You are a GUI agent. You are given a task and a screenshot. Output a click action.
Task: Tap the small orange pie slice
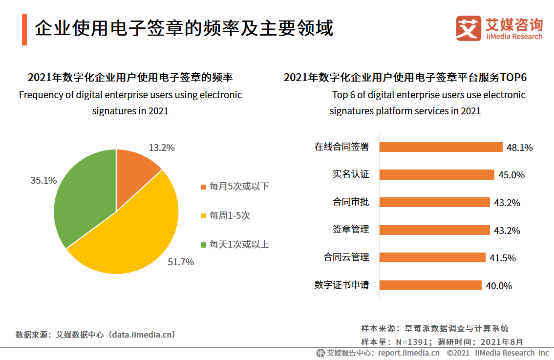[x=134, y=169]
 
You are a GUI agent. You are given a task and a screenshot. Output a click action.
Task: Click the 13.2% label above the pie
[x=161, y=148]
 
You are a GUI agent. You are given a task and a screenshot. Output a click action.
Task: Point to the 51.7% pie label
[x=181, y=262]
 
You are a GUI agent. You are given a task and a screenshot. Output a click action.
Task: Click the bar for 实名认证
[x=437, y=174]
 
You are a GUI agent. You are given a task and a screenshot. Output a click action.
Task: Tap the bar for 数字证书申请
[x=430, y=285]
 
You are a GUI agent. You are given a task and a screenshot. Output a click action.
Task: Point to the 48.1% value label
[x=519, y=148]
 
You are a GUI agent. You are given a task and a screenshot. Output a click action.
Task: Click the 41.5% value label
[x=503, y=258]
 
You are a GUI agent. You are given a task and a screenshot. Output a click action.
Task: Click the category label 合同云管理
[x=346, y=257]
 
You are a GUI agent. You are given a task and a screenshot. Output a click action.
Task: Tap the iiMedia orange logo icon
[x=469, y=28]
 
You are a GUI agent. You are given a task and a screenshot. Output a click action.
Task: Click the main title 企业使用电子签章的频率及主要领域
[x=184, y=28]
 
